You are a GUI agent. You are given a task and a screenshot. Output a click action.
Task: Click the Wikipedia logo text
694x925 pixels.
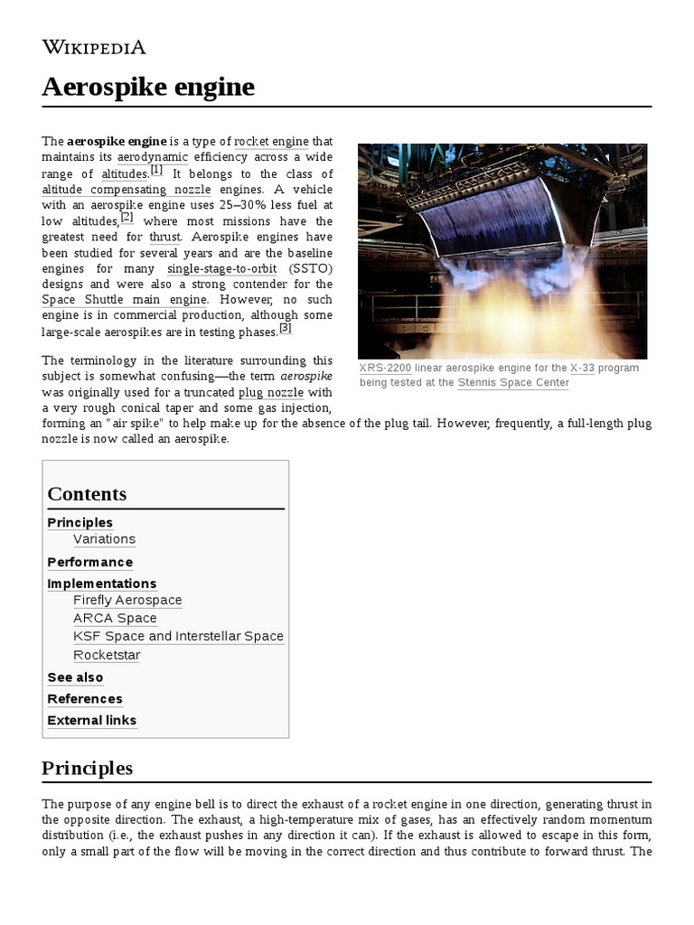(94, 47)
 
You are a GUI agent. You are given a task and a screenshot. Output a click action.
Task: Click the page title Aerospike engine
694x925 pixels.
(148, 88)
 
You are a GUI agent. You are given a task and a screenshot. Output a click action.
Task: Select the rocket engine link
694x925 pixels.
(271, 142)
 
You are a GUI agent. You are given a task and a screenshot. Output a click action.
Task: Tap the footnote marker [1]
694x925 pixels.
(156, 170)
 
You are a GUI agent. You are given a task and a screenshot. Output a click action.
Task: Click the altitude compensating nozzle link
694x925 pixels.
(126, 190)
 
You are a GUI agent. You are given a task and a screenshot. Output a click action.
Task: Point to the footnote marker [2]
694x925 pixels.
(127, 218)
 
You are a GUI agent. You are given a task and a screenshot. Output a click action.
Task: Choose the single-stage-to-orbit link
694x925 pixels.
(221, 268)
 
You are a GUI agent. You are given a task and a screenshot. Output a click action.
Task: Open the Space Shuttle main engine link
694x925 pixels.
(124, 300)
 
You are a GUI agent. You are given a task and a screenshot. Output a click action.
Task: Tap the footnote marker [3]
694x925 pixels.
(285, 328)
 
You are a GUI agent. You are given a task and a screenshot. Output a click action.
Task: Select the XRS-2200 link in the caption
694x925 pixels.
(385, 369)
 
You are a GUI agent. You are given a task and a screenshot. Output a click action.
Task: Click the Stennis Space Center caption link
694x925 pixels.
(513, 383)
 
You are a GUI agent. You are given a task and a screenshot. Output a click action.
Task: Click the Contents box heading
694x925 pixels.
(87, 494)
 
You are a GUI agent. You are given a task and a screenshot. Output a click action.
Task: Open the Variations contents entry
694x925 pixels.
(104, 539)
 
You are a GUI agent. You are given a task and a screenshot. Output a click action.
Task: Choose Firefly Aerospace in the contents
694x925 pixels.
(127, 601)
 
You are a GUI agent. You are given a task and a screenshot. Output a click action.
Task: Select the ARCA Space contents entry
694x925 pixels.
(115, 619)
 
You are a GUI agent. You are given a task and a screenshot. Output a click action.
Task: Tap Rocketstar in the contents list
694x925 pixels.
(107, 655)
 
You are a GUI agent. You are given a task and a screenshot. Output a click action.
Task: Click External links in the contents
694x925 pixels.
(92, 721)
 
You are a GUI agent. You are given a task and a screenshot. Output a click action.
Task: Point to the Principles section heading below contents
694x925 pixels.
(87, 769)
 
